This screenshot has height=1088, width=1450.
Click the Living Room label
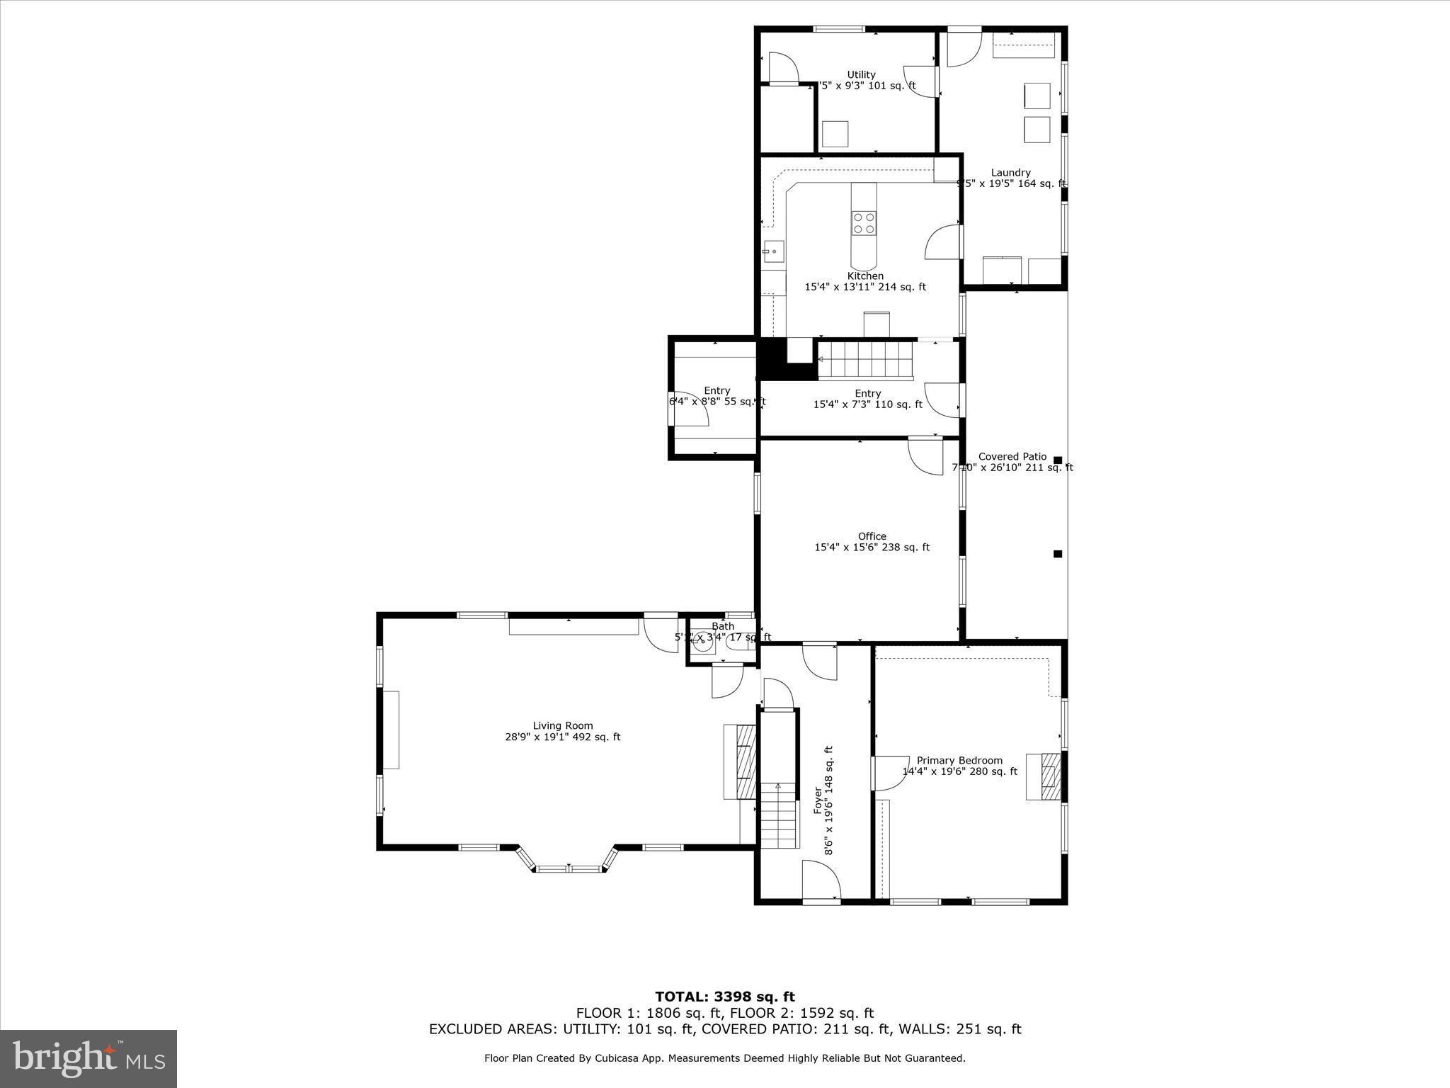pyautogui.click(x=562, y=725)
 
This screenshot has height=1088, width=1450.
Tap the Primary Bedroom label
pyautogui.click(x=959, y=760)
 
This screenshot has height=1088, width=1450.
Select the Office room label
pyautogui.click(x=872, y=536)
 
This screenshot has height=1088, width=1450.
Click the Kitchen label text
pyautogui.click(x=865, y=276)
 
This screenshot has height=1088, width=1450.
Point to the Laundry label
pyautogui.click(x=1010, y=172)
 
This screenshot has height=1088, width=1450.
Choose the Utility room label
pyautogui.click(x=861, y=74)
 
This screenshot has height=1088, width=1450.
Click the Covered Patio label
pyautogui.click(x=1012, y=456)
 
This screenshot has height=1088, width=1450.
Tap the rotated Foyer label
pyautogui.click(x=818, y=800)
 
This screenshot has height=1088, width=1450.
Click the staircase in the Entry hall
pyautogui.click(x=865, y=360)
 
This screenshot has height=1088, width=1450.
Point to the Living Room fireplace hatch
pyautogui.click(x=746, y=761)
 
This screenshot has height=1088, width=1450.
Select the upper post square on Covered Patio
pyautogui.click(x=1058, y=460)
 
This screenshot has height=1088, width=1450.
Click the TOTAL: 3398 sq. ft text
pyautogui.click(x=724, y=997)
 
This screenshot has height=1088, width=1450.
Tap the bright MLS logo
pyautogui.click(x=89, y=1058)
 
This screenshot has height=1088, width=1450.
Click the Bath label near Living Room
pyautogui.click(x=722, y=626)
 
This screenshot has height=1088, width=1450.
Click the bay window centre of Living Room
pyautogui.click(x=569, y=868)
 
